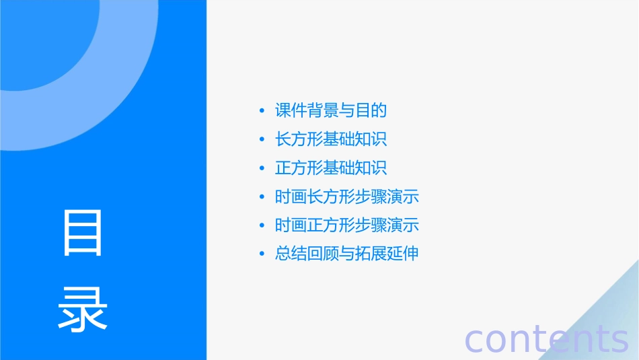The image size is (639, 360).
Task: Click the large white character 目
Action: coord(83,233)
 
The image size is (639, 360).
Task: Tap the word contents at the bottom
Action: coord(547,338)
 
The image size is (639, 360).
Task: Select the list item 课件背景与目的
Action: coord(331,110)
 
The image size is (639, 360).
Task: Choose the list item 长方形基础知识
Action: coord(331,139)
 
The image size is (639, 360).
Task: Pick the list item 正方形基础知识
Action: coord(331,168)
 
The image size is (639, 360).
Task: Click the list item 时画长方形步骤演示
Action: coord(347,197)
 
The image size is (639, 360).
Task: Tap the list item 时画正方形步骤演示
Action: coord(347,225)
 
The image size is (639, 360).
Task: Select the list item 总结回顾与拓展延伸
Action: coord(347,254)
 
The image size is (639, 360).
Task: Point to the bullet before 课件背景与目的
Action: coord(262,111)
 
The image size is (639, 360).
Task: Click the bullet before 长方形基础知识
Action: coord(262,140)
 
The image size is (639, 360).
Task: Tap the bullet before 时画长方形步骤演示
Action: coord(262,198)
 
